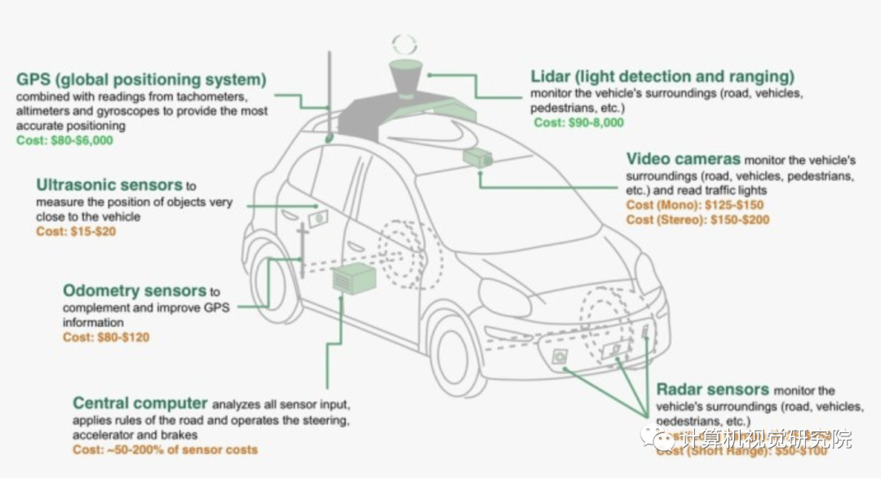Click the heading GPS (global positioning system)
pyautogui.click(x=141, y=80)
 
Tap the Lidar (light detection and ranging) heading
pyautogui.click(x=662, y=77)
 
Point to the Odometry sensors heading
pyautogui.click(x=135, y=290)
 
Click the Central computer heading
pyautogui.click(x=140, y=403)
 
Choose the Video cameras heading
pyautogui.click(x=684, y=158)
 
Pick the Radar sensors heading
pyautogui.click(x=712, y=389)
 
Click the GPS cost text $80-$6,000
pyautogui.click(x=64, y=140)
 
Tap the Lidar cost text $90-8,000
pyautogui.click(x=578, y=122)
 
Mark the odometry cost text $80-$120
pyautogui.click(x=106, y=337)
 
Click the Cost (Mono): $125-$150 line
pyautogui.click(x=695, y=205)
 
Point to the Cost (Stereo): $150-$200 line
pyautogui.click(x=697, y=219)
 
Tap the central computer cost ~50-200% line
pyautogui.click(x=165, y=449)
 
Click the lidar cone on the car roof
pyautogui.click(x=405, y=79)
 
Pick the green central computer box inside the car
pyautogui.click(x=353, y=279)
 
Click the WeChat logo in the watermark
pyautogui.click(x=664, y=439)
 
